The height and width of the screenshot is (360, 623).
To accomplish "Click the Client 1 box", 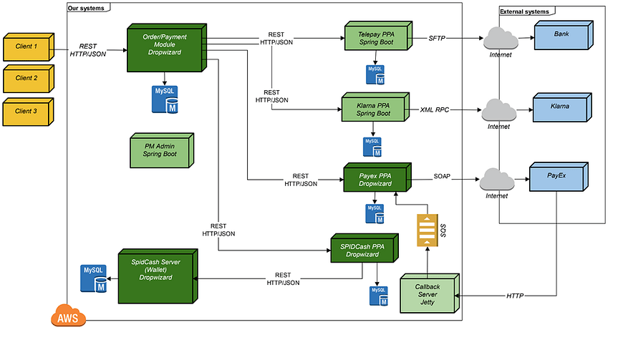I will coord(26,49).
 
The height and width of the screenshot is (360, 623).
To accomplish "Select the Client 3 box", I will coord(26,111).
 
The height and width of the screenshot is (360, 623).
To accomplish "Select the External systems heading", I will coord(524,11).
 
